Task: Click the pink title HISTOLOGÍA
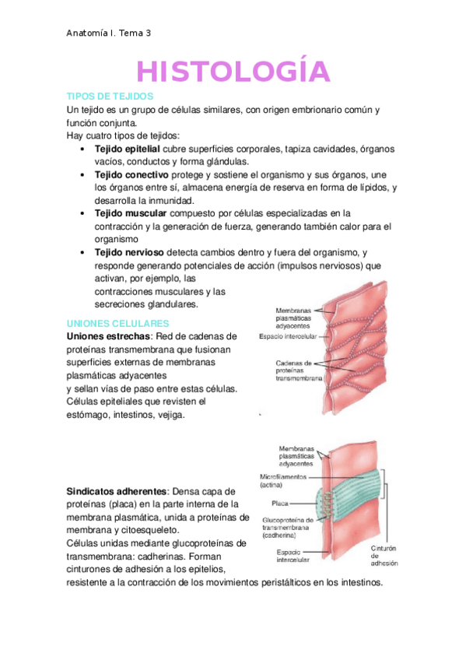pos(233,72)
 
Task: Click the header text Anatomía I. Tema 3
pos(110,33)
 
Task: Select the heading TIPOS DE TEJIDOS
pos(104,96)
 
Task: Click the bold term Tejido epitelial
pos(127,148)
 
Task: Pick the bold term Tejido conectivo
pos(131,174)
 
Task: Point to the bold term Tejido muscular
pos(130,212)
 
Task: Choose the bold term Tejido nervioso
pos(128,253)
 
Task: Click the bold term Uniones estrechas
pos(108,336)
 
